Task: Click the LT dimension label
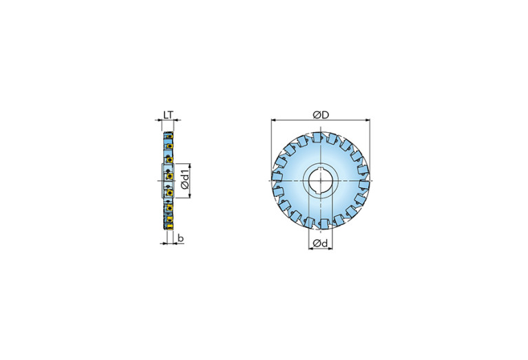(x=168, y=115)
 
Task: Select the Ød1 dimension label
(x=184, y=180)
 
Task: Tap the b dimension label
(x=181, y=238)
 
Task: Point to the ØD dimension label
(x=321, y=115)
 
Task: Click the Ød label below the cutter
(x=320, y=243)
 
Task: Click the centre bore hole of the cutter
(x=321, y=181)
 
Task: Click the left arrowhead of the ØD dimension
(x=274, y=120)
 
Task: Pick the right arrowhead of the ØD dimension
(x=367, y=120)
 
